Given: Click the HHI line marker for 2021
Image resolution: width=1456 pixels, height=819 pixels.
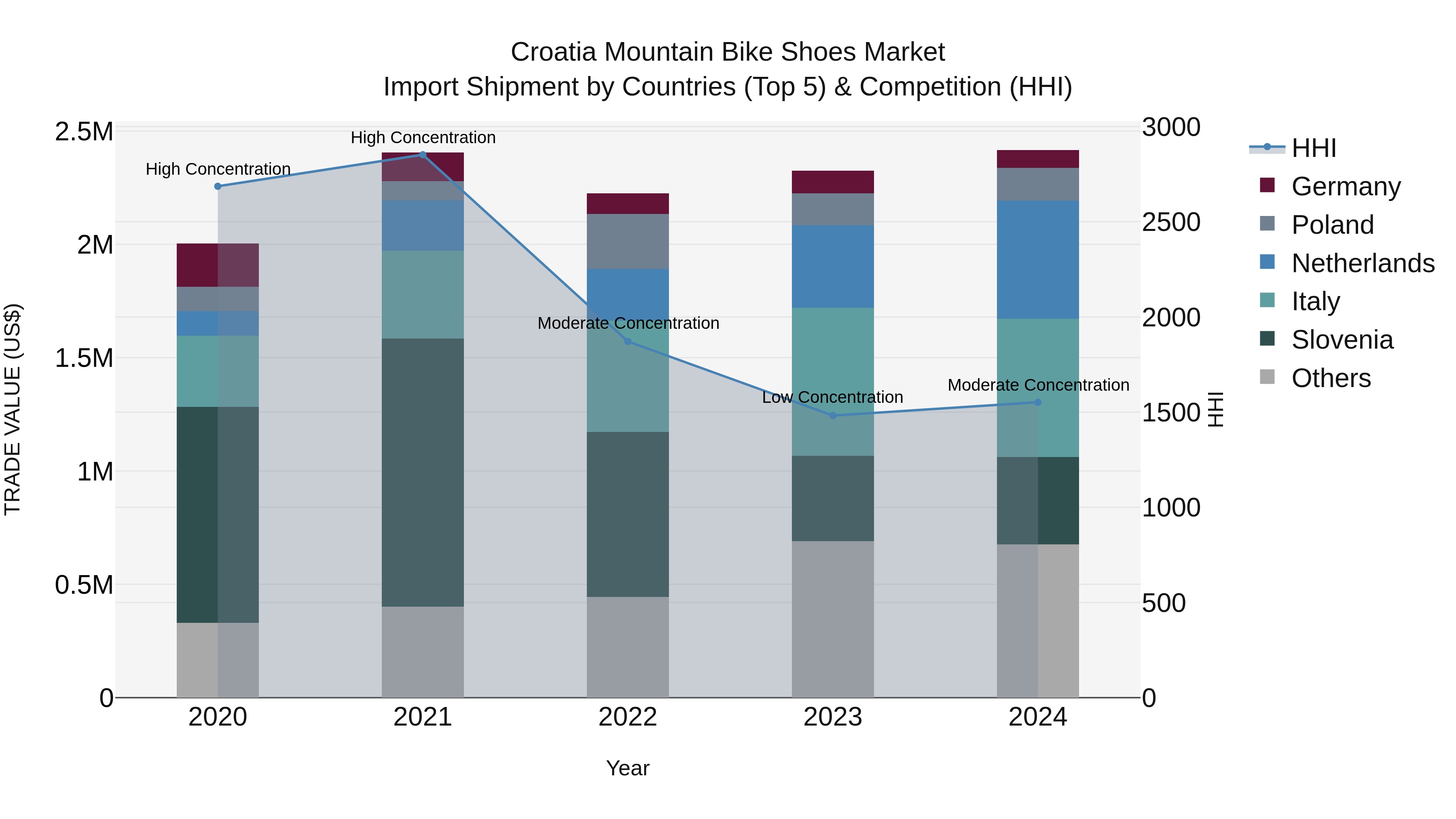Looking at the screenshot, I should pyautogui.click(x=423, y=154).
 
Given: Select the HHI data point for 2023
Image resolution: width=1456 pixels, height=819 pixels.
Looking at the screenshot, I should pyautogui.click(x=833, y=415).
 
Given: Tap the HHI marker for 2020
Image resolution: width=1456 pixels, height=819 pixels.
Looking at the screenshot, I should pyautogui.click(x=218, y=186).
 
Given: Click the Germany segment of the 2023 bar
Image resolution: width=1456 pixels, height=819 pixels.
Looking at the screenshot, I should pyautogui.click(x=833, y=182).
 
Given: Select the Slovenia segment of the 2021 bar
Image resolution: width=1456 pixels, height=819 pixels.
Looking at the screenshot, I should pyautogui.click(x=423, y=472).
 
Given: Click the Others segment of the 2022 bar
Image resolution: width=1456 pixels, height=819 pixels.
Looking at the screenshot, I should pyautogui.click(x=627, y=647).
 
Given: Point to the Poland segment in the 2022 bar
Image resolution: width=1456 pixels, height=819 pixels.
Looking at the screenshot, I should pyautogui.click(x=627, y=241).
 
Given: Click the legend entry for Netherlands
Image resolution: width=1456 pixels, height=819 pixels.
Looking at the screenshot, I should pyautogui.click(x=1362, y=263).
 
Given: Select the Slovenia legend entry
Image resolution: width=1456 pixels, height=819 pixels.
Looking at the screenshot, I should pyautogui.click(x=1342, y=340).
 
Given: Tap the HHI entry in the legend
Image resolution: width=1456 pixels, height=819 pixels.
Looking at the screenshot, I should pyautogui.click(x=1313, y=148).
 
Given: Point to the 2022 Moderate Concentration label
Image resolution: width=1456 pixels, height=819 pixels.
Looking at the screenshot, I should pyautogui.click(x=628, y=323).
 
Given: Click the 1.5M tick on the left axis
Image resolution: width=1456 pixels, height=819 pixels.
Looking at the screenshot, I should pyautogui.click(x=84, y=358).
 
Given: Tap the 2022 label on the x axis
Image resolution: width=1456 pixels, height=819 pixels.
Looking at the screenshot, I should pyautogui.click(x=627, y=717).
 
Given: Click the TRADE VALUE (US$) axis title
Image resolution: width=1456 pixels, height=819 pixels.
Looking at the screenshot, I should pyautogui.click(x=13, y=409).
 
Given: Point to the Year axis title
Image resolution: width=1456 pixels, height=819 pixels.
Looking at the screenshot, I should pyautogui.click(x=627, y=768).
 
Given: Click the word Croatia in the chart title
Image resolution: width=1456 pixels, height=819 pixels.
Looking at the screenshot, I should pyautogui.click(x=553, y=52).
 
